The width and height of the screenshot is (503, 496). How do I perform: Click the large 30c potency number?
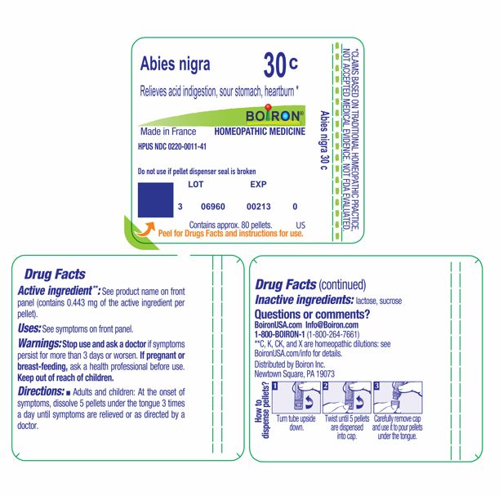(x=282, y=64)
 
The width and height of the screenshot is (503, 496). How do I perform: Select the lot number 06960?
(x=212, y=208)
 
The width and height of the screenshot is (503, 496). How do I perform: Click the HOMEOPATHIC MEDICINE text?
(x=260, y=131)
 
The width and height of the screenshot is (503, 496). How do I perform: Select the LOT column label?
(x=196, y=185)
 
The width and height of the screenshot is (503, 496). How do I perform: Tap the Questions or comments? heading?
(x=313, y=314)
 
